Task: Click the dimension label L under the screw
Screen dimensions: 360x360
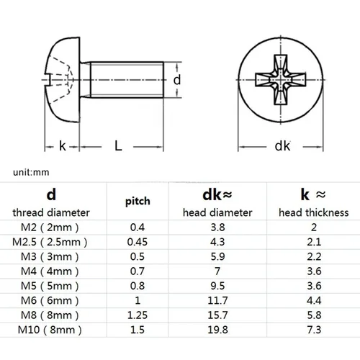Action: point(117,146)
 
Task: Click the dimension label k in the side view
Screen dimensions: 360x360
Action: point(63,146)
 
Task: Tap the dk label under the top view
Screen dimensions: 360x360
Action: point(282,146)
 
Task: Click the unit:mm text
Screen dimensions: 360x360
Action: point(31,173)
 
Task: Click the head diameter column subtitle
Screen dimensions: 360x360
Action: point(217,212)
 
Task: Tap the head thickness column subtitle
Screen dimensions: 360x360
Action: point(313,212)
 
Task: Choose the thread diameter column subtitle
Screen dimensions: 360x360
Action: point(51,212)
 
